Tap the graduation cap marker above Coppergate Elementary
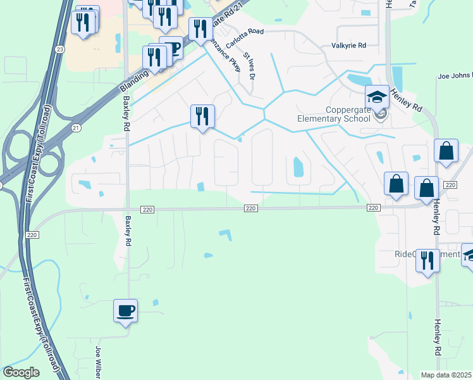coord(377,98)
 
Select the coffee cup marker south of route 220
coord(125,312)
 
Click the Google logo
coord(21,372)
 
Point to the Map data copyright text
coord(446,375)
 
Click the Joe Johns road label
coord(455,76)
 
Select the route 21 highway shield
coord(77,127)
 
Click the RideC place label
coord(405,254)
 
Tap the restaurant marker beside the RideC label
coord(428,260)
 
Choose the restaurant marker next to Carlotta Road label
coord(200,29)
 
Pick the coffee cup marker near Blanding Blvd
coord(171,47)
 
